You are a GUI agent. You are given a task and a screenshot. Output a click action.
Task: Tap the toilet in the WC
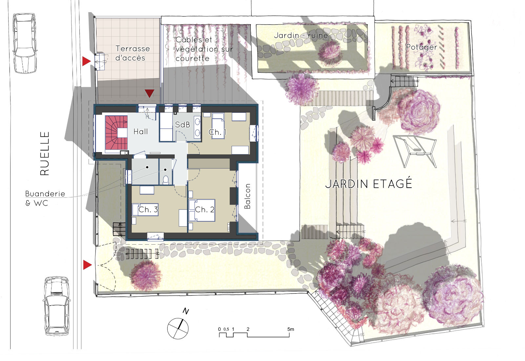coord(166,180)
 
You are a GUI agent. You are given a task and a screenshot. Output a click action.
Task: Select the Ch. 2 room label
coord(205,210)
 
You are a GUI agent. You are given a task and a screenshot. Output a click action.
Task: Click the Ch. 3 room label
coord(148,210)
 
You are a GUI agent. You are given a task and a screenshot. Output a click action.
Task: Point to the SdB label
coord(182,125)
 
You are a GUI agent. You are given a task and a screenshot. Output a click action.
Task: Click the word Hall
coord(141,132)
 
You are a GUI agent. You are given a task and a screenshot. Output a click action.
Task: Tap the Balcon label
coord(247,196)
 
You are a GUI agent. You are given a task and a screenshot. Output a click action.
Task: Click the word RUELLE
coord(45,153)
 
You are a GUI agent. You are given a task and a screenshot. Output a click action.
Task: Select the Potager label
coord(422,47)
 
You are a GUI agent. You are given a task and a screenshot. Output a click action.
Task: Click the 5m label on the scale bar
coord(291,329)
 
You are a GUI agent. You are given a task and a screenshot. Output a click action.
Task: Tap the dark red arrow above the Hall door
coord(149,93)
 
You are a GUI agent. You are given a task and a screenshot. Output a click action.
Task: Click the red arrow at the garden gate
coord(87,265)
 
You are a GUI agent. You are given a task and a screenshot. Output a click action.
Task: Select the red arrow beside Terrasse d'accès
coord(86,61)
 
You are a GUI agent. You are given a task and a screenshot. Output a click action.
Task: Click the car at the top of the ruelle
coord(24,43)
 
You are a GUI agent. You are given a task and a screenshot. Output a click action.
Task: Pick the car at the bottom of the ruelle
coord(57,306)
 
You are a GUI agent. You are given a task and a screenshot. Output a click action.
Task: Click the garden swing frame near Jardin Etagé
coord(414,151)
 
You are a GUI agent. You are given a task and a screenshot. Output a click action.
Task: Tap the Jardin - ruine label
coord(301,36)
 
